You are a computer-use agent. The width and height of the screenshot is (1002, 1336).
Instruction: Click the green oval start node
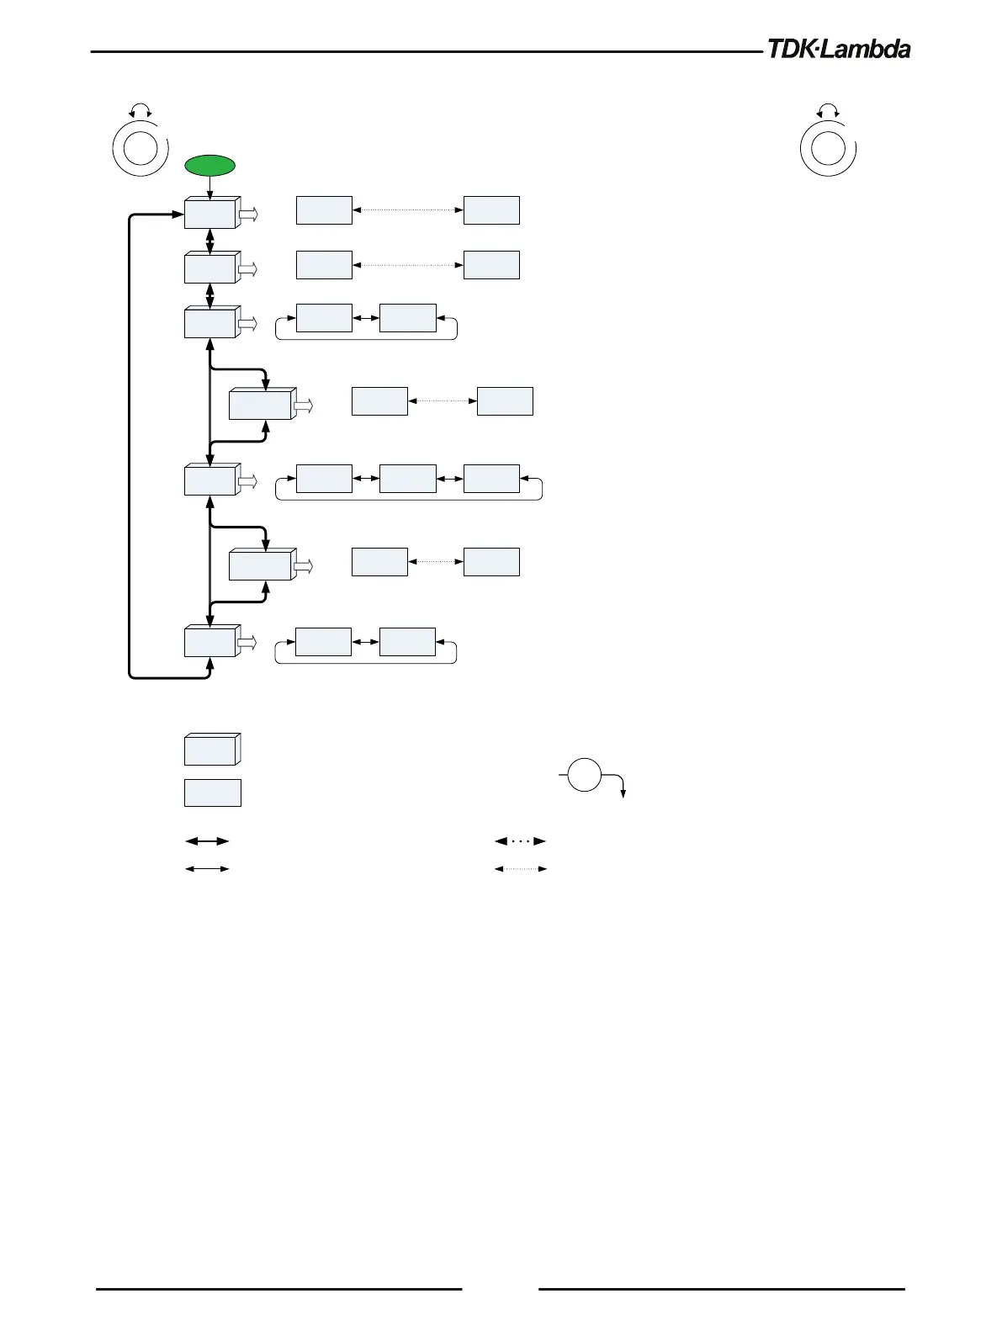[x=210, y=165]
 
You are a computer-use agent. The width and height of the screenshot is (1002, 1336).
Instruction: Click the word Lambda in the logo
[x=867, y=50]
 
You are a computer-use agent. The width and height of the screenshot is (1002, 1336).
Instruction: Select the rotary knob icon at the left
[x=140, y=148]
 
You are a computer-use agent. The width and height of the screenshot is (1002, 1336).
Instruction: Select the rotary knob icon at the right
[x=828, y=148]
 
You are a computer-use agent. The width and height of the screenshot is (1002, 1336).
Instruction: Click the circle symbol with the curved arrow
[x=585, y=774]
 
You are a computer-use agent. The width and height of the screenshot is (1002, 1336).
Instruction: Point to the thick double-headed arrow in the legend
[x=207, y=840]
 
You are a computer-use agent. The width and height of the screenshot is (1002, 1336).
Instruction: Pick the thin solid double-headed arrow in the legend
[x=207, y=868]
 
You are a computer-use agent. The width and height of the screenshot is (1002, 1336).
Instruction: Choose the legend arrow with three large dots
[x=521, y=840]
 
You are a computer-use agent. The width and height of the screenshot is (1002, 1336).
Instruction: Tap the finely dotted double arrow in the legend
[x=521, y=868]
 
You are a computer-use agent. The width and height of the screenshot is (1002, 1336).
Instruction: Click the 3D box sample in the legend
[x=212, y=749]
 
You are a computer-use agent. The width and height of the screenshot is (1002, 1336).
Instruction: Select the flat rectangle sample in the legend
[x=213, y=793]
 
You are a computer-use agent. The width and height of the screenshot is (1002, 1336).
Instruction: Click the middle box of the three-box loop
[x=408, y=479]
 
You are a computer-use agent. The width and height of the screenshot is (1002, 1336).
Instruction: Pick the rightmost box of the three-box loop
[x=491, y=479]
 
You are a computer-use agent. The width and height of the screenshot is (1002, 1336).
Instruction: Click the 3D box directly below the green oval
[x=210, y=214]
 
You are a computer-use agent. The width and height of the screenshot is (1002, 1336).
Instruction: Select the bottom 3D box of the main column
[x=210, y=642]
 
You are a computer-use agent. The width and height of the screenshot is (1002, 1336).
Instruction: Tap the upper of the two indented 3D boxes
[x=262, y=405]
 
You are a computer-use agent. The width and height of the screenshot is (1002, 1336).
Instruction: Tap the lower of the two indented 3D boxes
[x=262, y=565]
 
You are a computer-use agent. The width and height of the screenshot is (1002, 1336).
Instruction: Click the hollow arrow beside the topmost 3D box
[x=248, y=215]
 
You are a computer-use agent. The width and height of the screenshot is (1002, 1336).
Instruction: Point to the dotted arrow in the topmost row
[x=408, y=209]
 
